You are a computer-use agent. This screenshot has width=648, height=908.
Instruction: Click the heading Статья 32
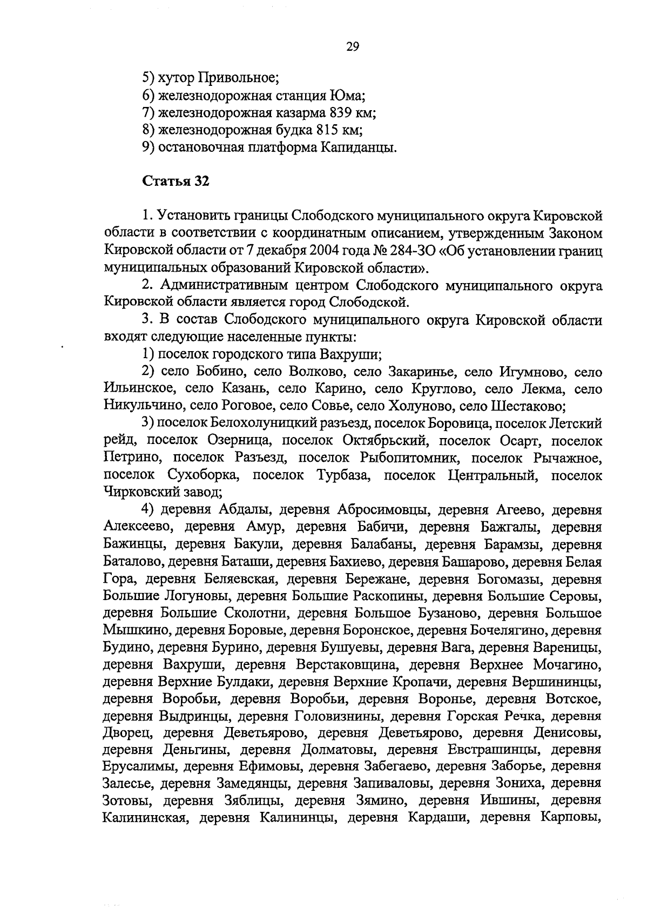pos(175,181)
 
